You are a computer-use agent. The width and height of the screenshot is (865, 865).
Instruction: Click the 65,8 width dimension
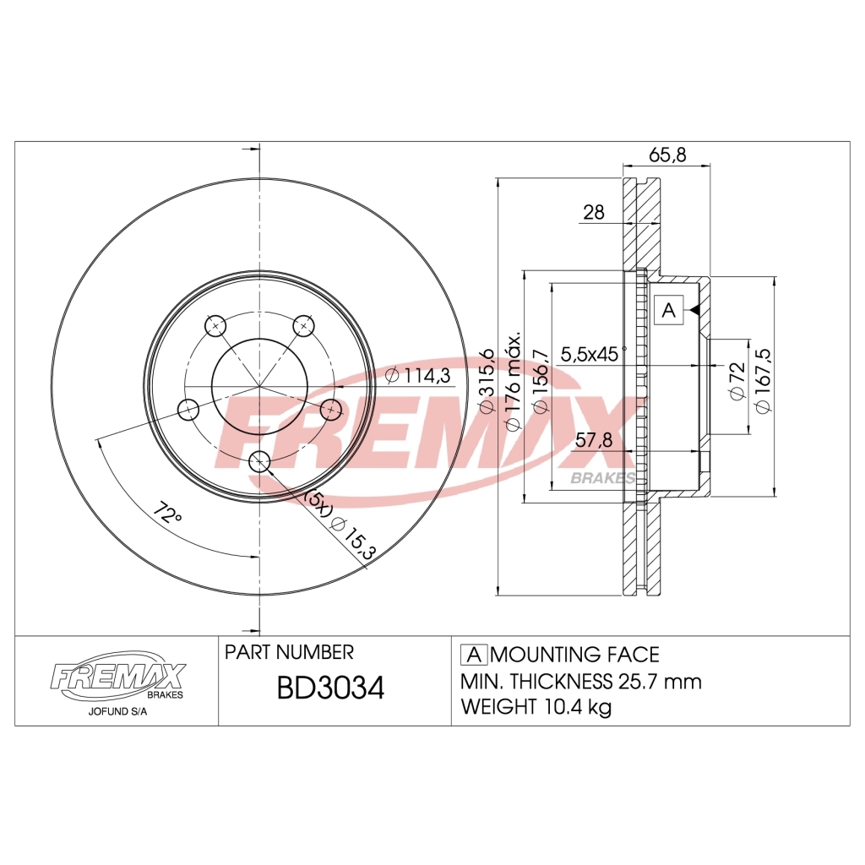[x=667, y=155]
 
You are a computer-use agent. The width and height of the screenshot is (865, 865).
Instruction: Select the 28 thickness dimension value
[x=595, y=213]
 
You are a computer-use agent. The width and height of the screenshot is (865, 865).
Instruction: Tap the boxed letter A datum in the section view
[x=668, y=310]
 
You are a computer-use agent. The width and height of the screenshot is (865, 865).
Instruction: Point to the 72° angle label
[x=168, y=514]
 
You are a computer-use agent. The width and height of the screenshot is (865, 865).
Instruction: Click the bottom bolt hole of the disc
[x=259, y=460]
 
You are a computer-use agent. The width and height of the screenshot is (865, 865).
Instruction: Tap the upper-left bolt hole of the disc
[x=215, y=325]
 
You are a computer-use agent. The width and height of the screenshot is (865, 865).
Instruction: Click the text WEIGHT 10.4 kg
[x=536, y=707]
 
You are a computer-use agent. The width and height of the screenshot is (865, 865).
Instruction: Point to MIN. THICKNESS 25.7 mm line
[x=581, y=681]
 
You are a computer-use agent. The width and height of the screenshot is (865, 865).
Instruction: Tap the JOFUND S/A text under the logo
[x=116, y=711]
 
